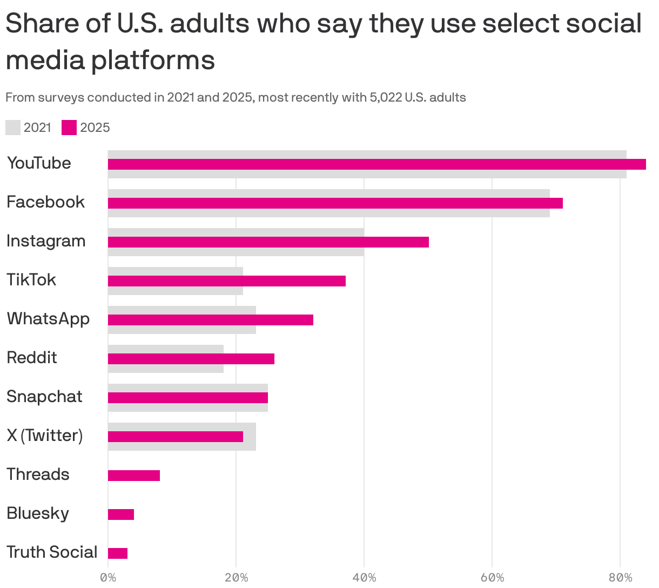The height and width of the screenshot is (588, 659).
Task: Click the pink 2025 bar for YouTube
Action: point(376,164)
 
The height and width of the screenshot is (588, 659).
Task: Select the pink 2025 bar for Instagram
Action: point(268,242)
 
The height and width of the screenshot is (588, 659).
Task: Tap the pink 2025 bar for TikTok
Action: point(226,281)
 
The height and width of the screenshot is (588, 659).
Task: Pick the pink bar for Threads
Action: point(133,476)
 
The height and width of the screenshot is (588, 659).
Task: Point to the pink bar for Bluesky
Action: point(120,514)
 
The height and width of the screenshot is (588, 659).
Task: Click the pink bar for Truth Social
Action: point(117,553)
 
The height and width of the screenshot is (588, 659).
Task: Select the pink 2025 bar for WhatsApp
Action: point(210,320)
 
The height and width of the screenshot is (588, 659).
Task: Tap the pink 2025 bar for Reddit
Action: point(191,359)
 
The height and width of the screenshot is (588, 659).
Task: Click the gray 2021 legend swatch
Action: point(13,128)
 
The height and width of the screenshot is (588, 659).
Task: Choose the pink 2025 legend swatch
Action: point(69,128)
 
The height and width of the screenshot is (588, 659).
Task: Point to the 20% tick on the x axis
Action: point(236,578)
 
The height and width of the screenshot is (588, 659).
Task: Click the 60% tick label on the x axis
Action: point(492,578)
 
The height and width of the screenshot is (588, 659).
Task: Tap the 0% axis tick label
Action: point(108,578)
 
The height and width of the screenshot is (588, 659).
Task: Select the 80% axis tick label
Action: point(620,578)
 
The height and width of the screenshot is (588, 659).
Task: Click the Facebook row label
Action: point(45,202)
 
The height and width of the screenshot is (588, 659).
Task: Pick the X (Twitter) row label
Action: point(44,436)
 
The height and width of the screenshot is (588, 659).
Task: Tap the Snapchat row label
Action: point(44,397)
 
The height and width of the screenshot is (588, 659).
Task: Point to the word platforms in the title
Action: point(152,60)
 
